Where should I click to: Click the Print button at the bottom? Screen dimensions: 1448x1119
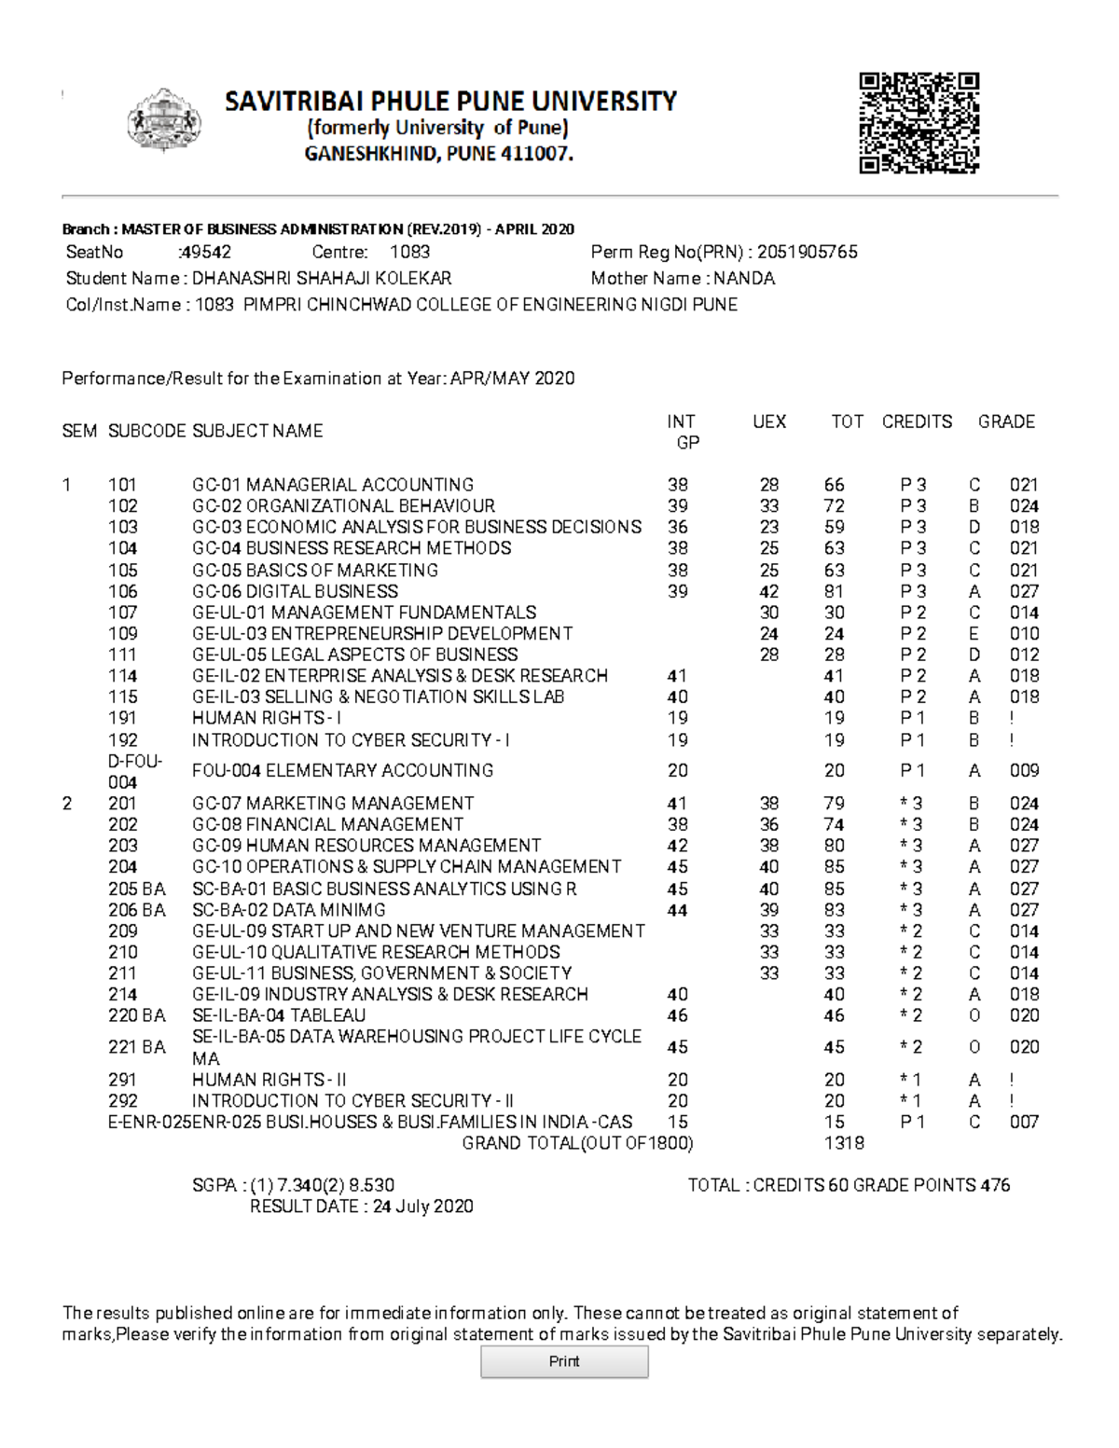(564, 1361)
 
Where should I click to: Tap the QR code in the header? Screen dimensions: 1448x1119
(919, 123)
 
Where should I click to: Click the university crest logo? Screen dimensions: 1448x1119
(163, 121)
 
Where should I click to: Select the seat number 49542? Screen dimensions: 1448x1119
(206, 252)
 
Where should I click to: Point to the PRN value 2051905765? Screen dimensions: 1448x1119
(808, 252)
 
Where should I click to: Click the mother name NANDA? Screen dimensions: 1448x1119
(744, 278)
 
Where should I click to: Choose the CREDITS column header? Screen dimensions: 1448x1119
(917, 421)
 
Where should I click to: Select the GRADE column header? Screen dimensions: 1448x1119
(1006, 421)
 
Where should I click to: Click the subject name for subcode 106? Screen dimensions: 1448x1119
(295, 591)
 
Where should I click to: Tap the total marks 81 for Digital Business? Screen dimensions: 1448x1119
(834, 591)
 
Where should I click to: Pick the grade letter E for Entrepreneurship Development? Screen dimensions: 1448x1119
(974, 633)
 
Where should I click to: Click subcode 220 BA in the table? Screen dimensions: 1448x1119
(136, 1014)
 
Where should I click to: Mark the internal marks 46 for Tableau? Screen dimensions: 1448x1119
(677, 1014)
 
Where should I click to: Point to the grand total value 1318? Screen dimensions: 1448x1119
(844, 1143)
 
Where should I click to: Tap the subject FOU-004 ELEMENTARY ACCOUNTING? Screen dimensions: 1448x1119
(342, 770)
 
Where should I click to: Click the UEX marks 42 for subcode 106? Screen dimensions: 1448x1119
(768, 591)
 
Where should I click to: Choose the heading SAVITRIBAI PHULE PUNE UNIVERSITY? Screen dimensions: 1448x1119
(450, 101)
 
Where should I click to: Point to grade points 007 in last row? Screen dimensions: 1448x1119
(1024, 1122)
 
